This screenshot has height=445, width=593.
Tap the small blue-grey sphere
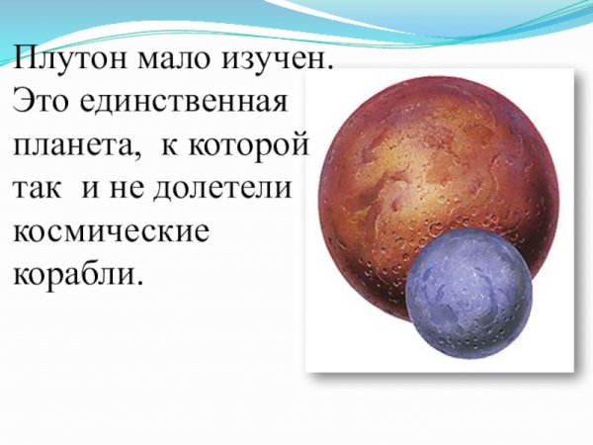click(x=469, y=296)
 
